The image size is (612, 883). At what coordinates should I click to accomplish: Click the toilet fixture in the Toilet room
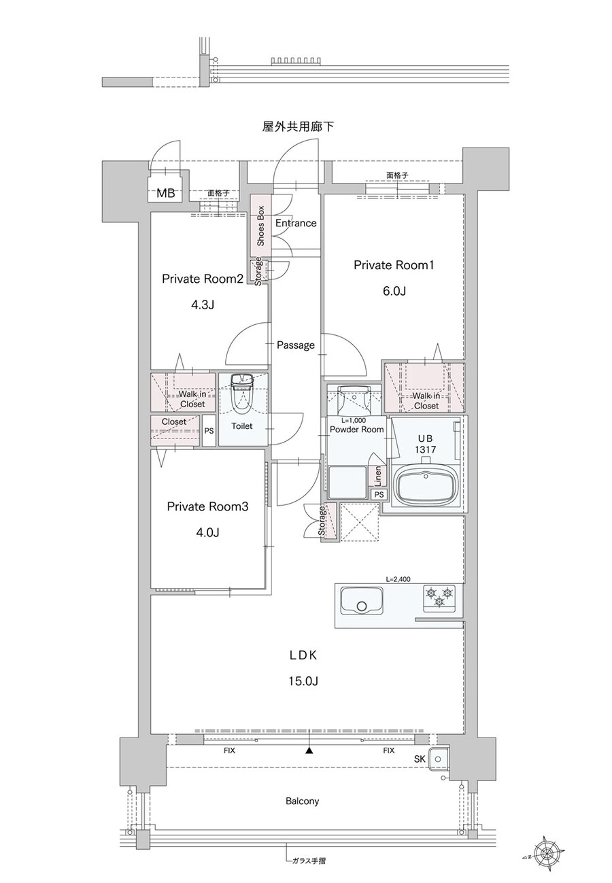[x=241, y=394]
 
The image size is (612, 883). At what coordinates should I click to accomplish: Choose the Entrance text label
[x=296, y=223]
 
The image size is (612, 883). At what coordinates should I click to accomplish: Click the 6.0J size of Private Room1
[x=394, y=292]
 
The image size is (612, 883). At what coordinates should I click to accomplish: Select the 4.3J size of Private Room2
[x=202, y=305]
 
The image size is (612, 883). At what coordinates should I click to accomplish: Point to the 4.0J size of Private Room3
[x=207, y=532]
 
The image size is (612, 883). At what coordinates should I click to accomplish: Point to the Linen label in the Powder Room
[x=378, y=475]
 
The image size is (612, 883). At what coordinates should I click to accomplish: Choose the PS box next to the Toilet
[x=209, y=431]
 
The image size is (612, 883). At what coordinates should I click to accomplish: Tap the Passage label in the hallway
[x=296, y=345]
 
